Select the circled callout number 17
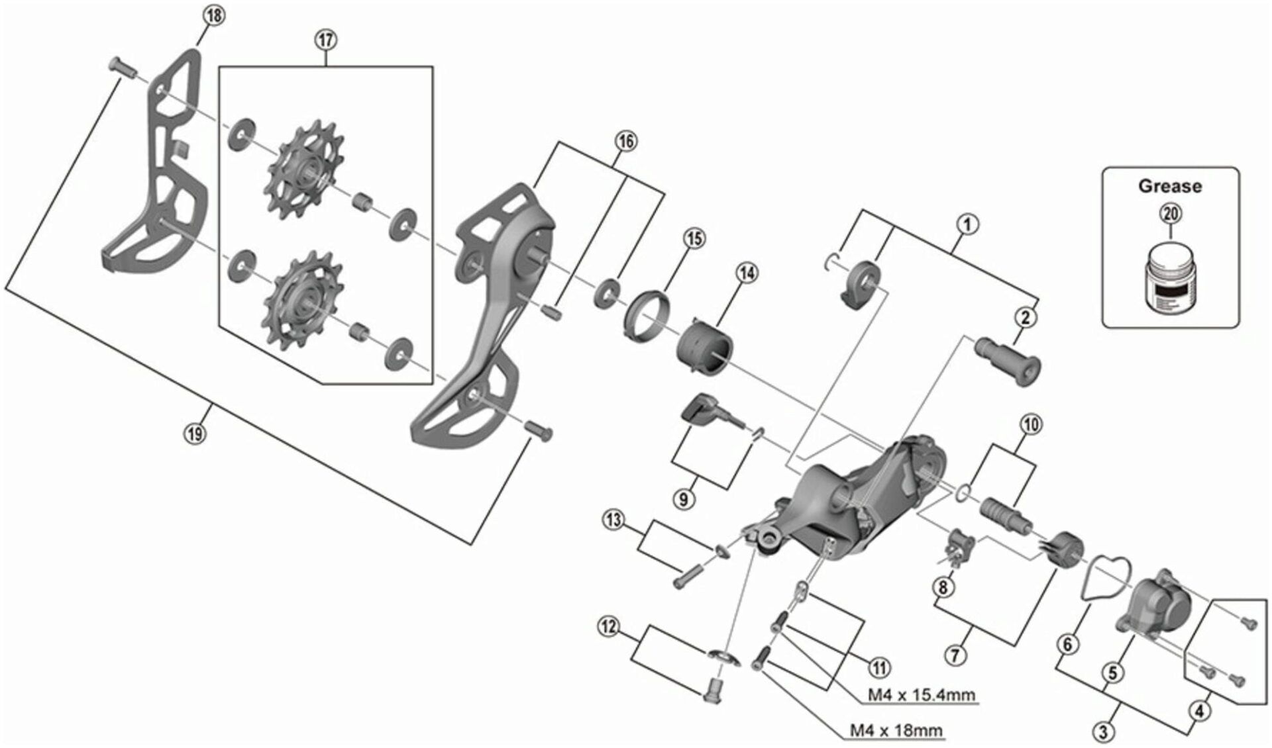coord(325,40)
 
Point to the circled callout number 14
coord(747,273)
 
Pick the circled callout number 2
coord(1026,318)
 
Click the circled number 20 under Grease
coord(1170,214)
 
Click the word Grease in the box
coord(1170,187)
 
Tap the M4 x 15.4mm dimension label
coord(922,695)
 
